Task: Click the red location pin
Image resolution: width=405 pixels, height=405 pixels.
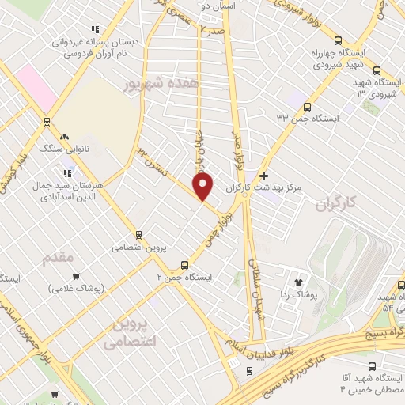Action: coord(202,185)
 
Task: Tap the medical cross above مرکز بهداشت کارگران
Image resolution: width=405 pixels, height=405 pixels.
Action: coord(264,176)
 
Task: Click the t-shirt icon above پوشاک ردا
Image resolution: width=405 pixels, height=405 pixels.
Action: coord(298,282)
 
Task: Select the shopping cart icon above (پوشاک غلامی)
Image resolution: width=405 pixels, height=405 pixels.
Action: coord(76,277)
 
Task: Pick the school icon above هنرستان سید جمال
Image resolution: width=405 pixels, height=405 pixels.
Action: coord(68,172)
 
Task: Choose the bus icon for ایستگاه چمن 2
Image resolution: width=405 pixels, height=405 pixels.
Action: coord(184,265)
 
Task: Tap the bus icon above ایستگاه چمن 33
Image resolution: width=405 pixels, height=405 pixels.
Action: coord(306,107)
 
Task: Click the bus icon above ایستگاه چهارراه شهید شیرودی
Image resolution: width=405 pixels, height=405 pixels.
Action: coord(338,41)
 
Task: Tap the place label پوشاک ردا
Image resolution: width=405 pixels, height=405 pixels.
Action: coord(298,294)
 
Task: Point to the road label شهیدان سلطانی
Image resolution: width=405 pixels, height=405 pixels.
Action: coord(255,289)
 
